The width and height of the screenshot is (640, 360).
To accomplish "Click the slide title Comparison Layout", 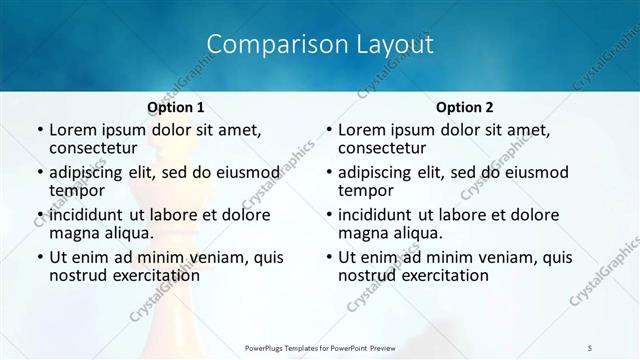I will pos(320,45).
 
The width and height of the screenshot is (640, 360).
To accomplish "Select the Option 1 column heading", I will pos(176,107).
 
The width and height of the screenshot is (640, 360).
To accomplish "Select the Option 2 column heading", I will pos(465,107).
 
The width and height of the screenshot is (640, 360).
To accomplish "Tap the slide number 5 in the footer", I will pos(590,346).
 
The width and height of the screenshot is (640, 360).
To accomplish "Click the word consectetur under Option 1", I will pos(92,148).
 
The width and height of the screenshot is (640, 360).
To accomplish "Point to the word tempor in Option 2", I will pos(365,190).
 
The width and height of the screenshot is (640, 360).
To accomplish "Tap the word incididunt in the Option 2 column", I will pos(375,215).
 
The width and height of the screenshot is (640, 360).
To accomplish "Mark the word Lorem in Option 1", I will pos(72,130).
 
